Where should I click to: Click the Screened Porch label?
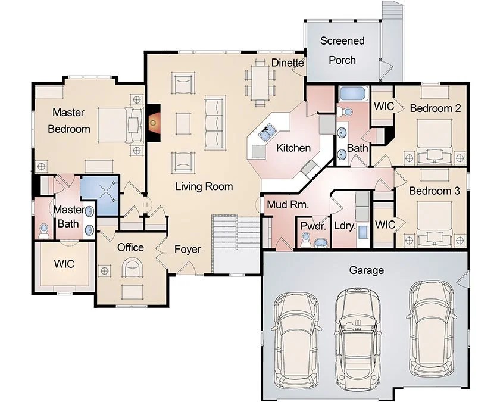pos(342,51)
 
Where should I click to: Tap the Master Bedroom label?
pos(69,120)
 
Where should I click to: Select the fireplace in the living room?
pos(154,123)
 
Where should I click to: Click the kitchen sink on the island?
pos(267,133)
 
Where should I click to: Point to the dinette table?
pos(260,82)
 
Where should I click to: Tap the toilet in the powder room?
pos(305,239)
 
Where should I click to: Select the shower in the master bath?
pos(99,195)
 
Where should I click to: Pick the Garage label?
pos(367,270)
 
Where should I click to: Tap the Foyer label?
pos(187,249)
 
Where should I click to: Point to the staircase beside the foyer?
pos(236,244)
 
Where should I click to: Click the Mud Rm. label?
pos(288,204)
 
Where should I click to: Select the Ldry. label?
pos(345,226)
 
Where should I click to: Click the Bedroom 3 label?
pos(435,191)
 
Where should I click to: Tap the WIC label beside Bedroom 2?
pos(384,106)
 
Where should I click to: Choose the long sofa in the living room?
pos(215,123)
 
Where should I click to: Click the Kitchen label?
pos(293,148)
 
